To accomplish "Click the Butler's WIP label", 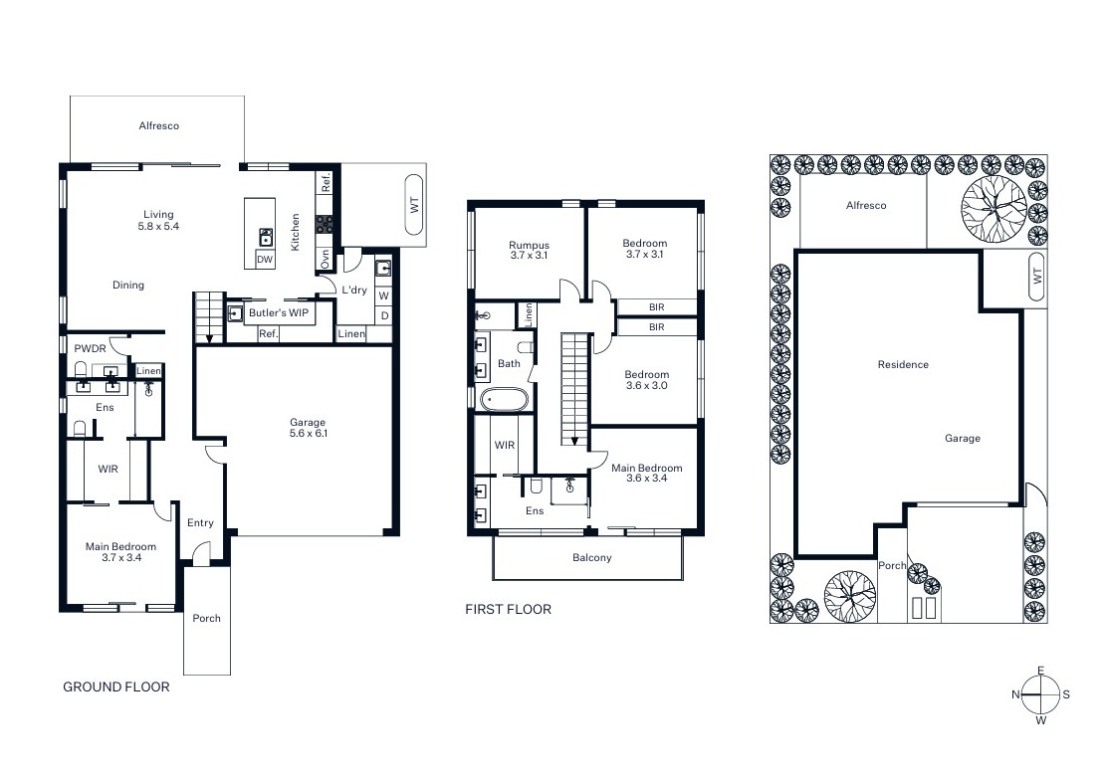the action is point(279,312).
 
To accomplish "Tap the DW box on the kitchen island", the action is point(264,260).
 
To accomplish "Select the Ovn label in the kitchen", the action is point(325,259).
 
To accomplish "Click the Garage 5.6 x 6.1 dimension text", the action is point(308,433).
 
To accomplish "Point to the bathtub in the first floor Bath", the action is point(504,399).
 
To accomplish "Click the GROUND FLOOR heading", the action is point(116,686).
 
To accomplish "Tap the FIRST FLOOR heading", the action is point(508,610).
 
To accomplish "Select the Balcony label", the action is point(592,557).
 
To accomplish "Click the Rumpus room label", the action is point(530,245).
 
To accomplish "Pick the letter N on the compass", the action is point(1015,694).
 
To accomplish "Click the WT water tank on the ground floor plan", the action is point(414,204).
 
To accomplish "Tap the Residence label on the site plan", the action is point(903,364).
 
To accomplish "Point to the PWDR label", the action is point(91,349).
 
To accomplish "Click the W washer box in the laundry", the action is point(384,295).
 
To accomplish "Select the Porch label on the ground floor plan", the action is point(206,618).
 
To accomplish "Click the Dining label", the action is point(128,285).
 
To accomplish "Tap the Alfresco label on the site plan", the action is point(866,205).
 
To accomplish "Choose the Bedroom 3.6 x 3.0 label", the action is point(646,380).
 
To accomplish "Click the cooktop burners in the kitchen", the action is point(325,225).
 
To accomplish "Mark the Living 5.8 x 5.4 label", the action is point(158,220).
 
